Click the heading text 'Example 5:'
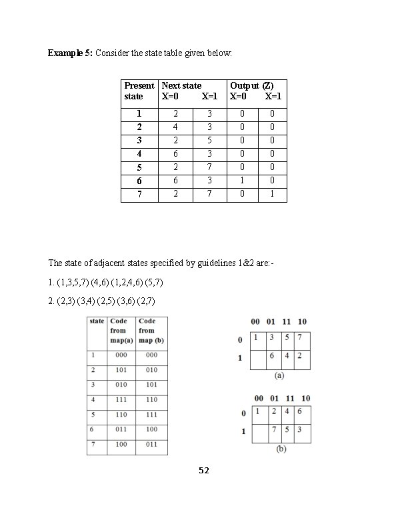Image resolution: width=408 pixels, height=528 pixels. click(70, 53)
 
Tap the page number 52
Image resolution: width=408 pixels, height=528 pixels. click(204, 471)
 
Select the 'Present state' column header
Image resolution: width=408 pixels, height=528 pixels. click(139, 91)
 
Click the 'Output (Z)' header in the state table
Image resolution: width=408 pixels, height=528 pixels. click(251, 85)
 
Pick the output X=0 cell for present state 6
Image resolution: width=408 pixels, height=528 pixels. click(243, 181)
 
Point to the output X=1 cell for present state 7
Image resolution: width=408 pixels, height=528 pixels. click(272, 195)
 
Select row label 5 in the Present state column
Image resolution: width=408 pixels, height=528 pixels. click(139, 168)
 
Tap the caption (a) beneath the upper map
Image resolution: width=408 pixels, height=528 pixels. click(281, 376)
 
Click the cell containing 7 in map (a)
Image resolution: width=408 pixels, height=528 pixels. click(302, 338)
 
